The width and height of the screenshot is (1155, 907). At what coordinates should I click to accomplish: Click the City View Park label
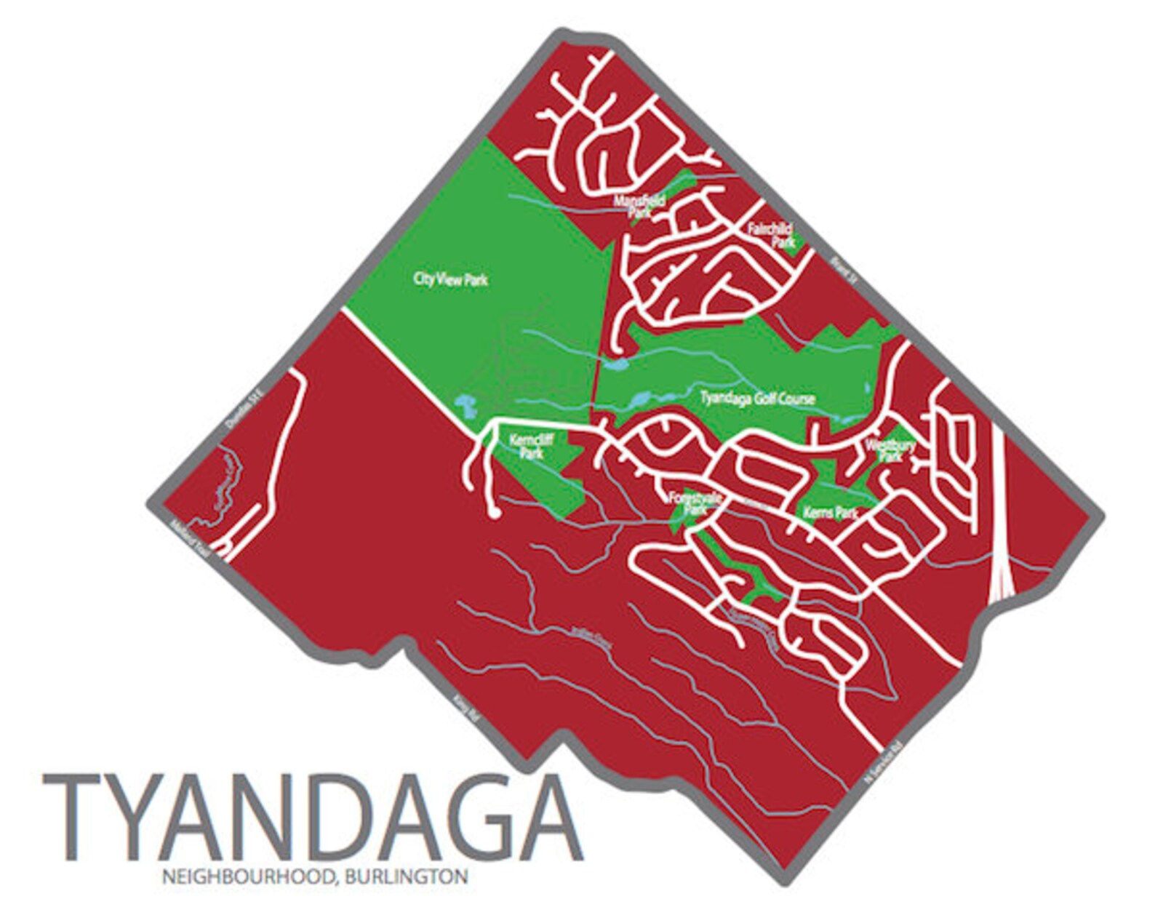450,279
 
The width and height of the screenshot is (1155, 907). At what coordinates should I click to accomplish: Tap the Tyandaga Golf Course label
756,399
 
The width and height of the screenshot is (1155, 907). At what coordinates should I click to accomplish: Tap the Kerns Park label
831,513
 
